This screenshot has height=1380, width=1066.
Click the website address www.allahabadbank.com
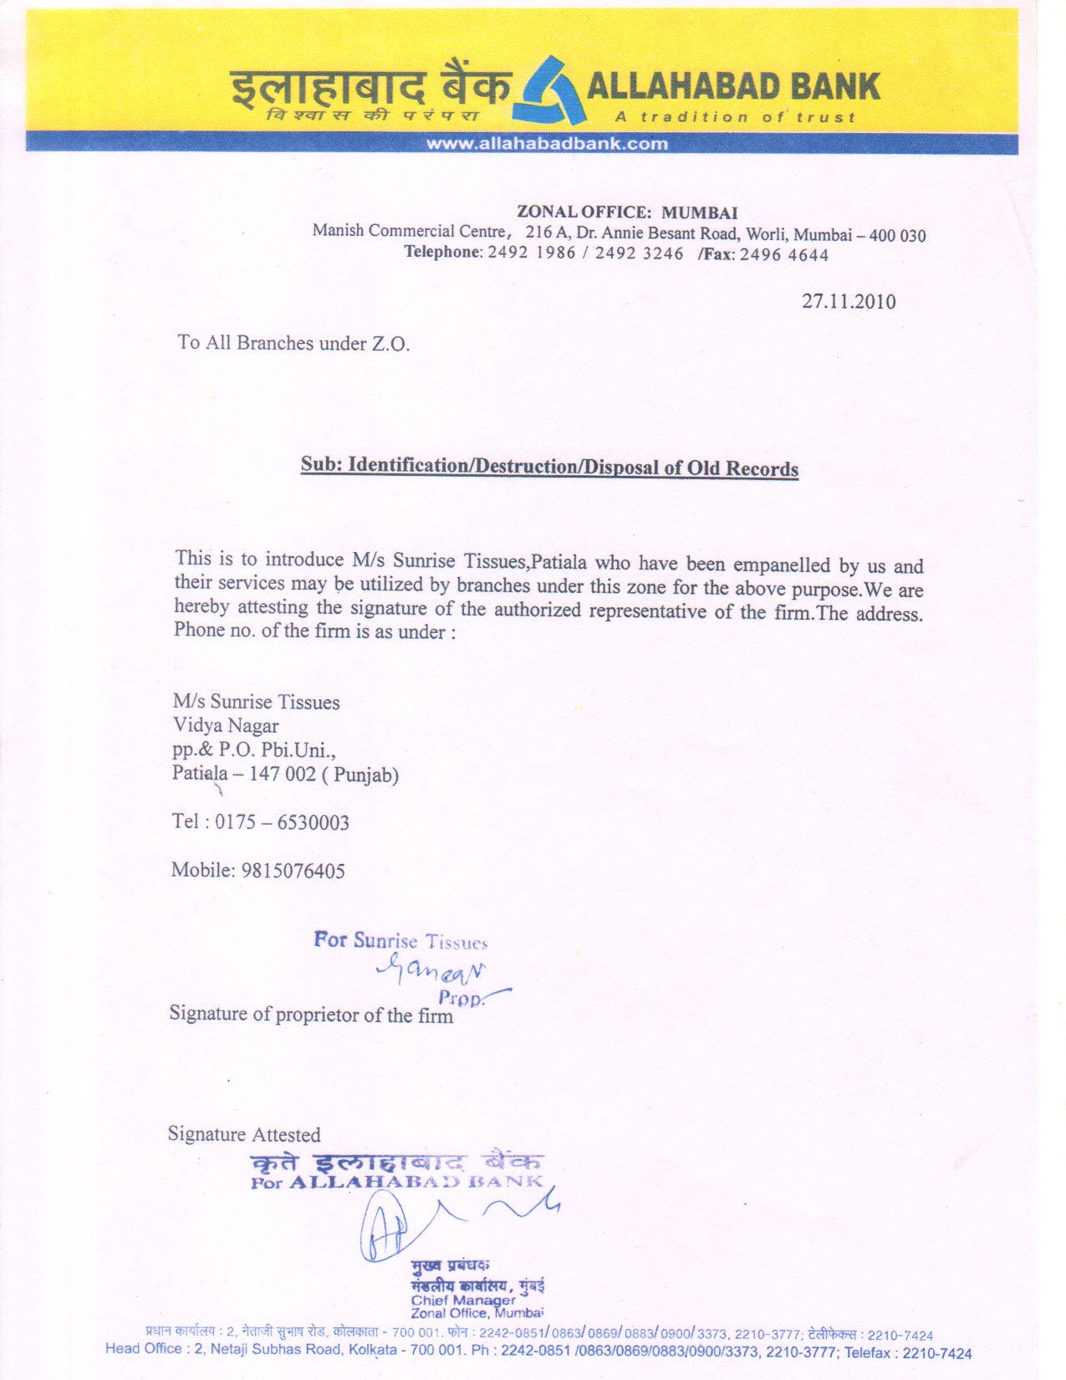point(548,144)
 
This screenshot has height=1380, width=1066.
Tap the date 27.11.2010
point(849,302)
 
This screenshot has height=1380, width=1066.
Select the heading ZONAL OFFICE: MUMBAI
point(627,212)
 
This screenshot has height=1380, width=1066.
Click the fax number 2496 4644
point(784,255)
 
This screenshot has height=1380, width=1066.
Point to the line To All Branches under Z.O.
point(293,343)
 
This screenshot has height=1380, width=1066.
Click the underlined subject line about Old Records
point(549,467)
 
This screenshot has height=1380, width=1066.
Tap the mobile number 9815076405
point(293,871)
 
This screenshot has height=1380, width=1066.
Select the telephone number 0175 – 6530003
point(282,822)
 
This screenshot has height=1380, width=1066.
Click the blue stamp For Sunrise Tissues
point(400,941)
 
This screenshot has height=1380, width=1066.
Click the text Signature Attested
point(244,1135)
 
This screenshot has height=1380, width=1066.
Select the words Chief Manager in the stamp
point(463,1301)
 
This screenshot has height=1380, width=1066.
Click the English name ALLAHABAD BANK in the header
point(733,87)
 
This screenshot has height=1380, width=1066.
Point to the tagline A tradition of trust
point(735,117)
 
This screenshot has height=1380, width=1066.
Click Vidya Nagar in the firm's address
point(226,726)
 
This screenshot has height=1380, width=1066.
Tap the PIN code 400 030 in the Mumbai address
point(897,236)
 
